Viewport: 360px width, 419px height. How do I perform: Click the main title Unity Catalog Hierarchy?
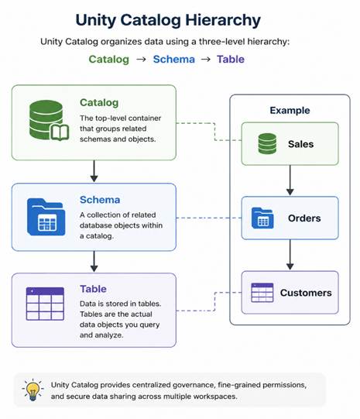pyautogui.click(x=168, y=21)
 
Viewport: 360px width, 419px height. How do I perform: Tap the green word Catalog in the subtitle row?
pyautogui.click(x=108, y=60)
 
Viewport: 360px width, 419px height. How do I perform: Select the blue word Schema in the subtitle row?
pyautogui.click(x=174, y=59)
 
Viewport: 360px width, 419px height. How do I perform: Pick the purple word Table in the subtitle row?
pyautogui.click(x=231, y=59)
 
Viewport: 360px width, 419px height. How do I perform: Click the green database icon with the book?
pyautogui.click(x=49, y=120)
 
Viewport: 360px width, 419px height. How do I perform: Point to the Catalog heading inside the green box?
pyautogui.click(x=99, y=102)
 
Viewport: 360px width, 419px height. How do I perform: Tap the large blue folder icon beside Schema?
pyautogui.click(x=46, y=217)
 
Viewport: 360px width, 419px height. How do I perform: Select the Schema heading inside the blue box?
pyautogui.click(x=100, y=200)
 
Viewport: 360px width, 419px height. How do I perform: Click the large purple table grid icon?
pyautogui.click(x=45, y=304)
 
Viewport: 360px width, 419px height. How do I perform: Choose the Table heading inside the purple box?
pyautogui.click(x=93, y=289)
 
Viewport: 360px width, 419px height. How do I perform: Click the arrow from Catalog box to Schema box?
pyautogui.click(x=94, y=171)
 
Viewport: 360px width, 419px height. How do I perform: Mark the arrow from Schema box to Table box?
pyautogui.click(x=94, y=262)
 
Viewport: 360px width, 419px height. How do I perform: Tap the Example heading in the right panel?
pyautogui.click(x=290, y=110)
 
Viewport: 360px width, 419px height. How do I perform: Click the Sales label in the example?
pyautogui.click(x=300, y=144)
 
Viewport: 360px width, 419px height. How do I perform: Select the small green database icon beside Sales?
pyautogui.click(x=267, y=144)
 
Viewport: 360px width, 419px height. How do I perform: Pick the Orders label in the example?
pyautogui.click(x=304, y=218)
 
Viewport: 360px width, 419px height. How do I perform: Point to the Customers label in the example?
pyautogui.click(x=306, y=293)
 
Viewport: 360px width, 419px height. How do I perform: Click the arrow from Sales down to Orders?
pyautogui.click(x=290, y=180)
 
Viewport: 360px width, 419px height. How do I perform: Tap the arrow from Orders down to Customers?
pyautogui.click(x=290, y=255)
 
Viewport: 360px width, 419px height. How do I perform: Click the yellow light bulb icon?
pyautogui.click(x=33, y=390)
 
